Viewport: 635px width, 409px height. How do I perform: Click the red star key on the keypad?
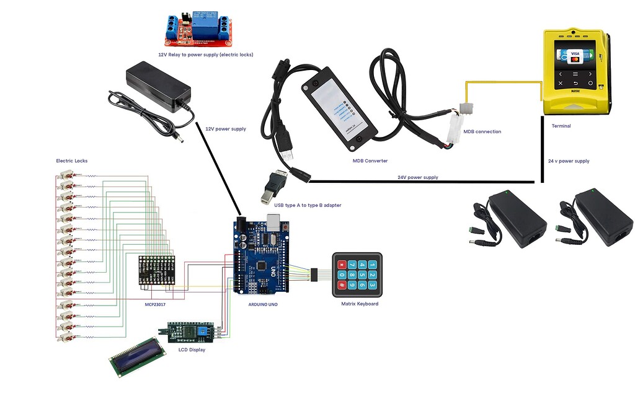click(x=342, y=286)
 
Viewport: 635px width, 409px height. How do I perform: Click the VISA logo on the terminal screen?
click(x=574, y=54)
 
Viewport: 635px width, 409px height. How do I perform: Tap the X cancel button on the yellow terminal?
click(x=560, y=82)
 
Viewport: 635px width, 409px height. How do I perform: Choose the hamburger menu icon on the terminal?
click(x=575, y=73)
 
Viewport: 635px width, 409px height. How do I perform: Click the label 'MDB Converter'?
click(x=370, y=161)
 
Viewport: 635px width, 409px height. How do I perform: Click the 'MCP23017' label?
click(x=155, y=304)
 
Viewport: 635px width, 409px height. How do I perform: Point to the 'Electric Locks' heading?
click(x=72, y=161)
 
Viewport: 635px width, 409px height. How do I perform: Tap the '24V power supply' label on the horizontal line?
click(x=417, y=177)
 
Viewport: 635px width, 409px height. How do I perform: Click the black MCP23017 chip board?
click(x=156, y=270)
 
